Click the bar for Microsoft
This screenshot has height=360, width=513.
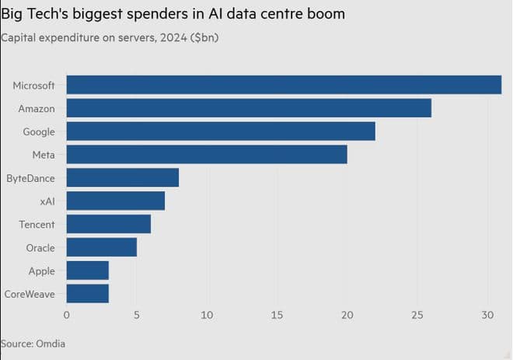[284, 85]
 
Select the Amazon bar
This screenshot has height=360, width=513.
[249, 108]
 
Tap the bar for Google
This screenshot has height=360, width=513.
[221, 131]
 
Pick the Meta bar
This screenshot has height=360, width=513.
[207, 155]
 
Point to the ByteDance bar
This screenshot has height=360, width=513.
[123, 178]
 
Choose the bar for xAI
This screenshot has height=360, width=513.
[116, 201]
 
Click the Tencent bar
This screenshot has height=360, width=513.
[109, 225]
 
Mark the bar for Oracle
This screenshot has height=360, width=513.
[102, 247]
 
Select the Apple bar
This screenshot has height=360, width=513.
[88, 271]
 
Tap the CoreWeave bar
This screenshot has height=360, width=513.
[88, 294]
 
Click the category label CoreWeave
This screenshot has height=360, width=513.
[30, 294]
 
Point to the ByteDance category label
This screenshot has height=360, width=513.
[30, 178]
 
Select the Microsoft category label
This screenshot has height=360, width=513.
[33, 85]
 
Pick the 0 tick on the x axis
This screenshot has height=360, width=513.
[67, 315]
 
